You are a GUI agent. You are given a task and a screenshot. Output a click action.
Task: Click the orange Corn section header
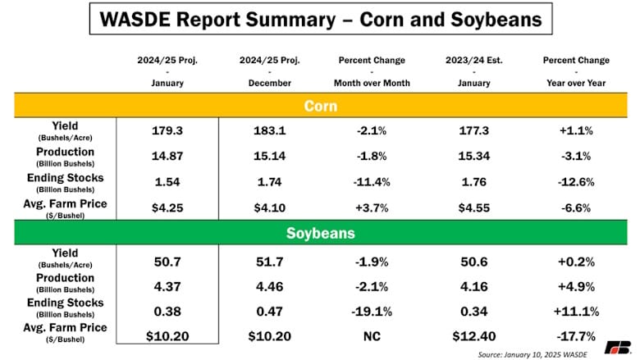pos(319,106)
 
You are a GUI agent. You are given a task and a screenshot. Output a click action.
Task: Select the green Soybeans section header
pos(319,234)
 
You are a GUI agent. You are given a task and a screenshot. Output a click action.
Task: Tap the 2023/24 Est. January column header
pos(470,71)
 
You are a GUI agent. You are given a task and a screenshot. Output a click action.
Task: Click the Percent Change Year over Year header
pos(576,71)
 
